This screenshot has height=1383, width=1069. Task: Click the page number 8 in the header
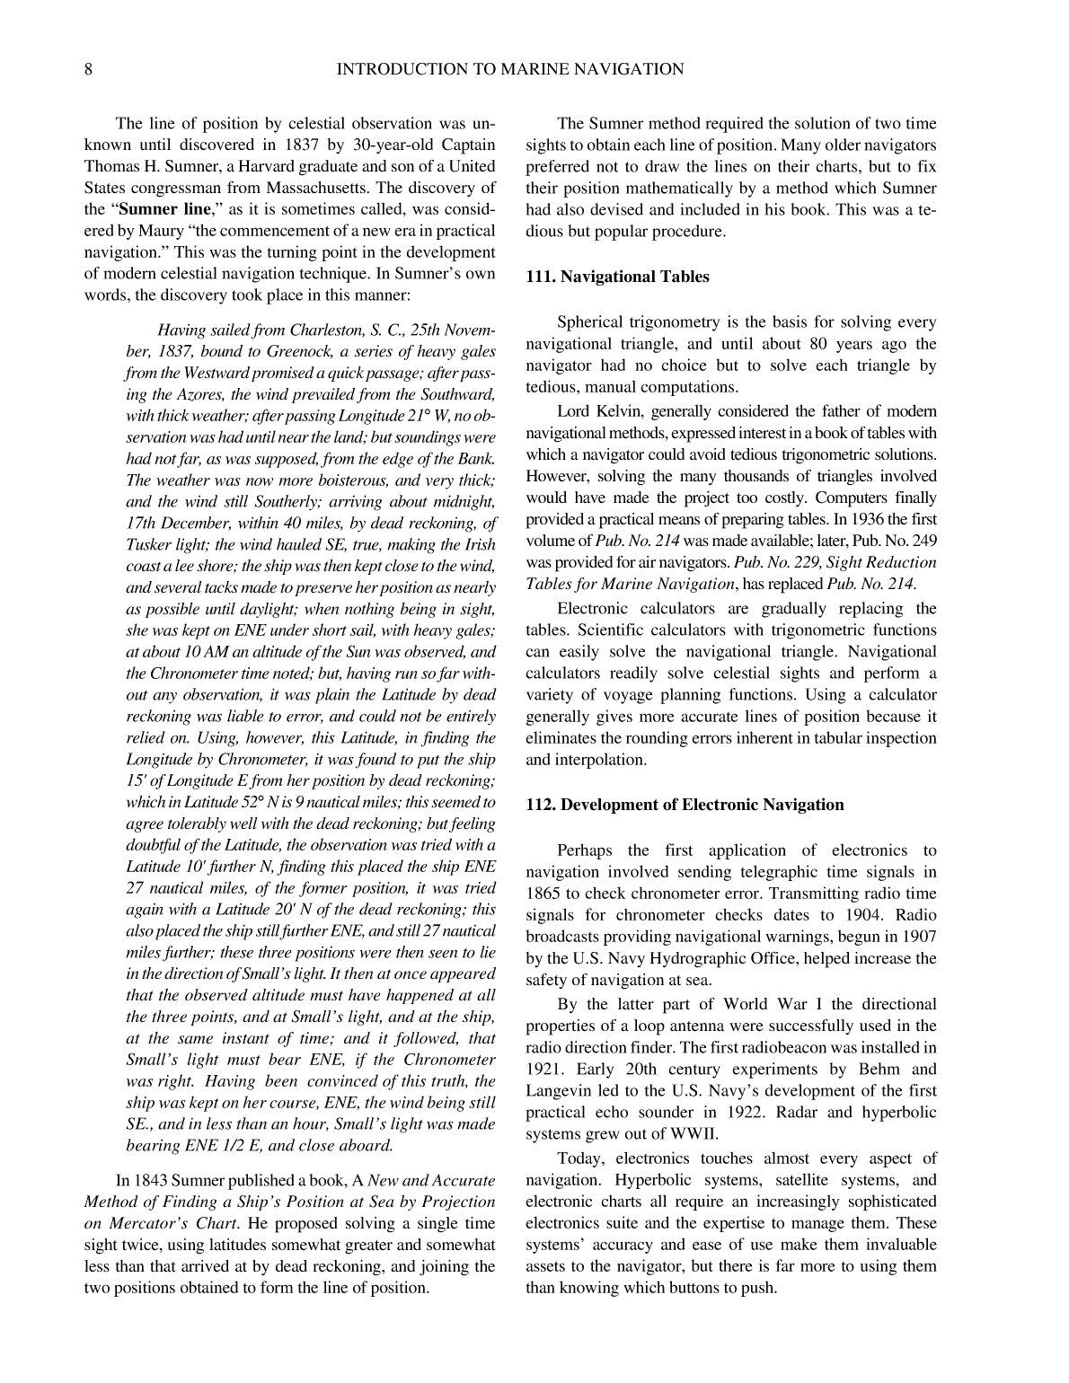[x=88, y=69]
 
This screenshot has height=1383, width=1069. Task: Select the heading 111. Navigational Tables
[x=617, y=277]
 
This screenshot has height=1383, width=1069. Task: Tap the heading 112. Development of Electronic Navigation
[x=685, y=805]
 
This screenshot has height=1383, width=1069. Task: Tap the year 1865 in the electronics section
[x=544, y=894]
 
